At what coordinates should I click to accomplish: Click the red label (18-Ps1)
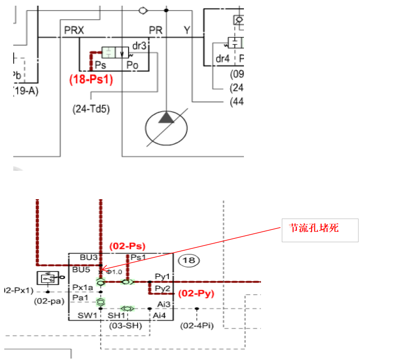(91, 79)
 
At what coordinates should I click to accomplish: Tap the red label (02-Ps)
(127, 246)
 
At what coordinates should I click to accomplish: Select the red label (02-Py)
(196, 294)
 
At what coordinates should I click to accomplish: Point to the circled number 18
(189, 260)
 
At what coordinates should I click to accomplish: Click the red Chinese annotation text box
(320, 230)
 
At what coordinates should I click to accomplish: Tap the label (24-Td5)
(91, 108)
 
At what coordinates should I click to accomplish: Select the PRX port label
(74, 31)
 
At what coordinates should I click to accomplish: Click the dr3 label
(139, 46)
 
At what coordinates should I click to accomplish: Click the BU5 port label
(81, 270)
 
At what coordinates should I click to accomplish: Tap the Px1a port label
(83, 287)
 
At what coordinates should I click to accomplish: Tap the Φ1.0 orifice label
(114, 272)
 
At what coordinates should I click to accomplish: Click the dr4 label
(223, 59)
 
